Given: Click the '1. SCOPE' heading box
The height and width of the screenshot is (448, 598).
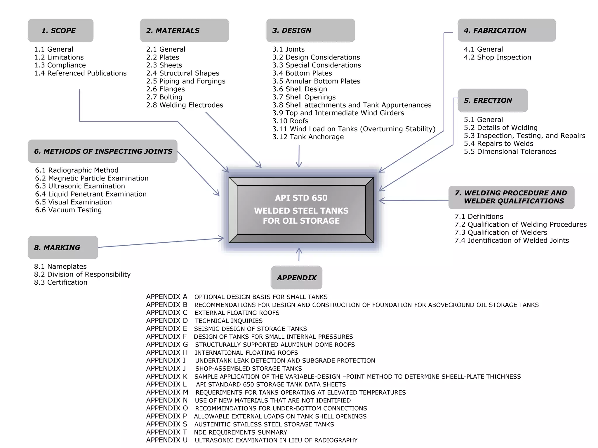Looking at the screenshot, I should tap(60, 30).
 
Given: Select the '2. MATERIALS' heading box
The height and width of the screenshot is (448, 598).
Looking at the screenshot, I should tap(184, 30).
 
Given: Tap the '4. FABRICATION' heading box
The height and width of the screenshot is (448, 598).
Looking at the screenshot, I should tap(507, 30).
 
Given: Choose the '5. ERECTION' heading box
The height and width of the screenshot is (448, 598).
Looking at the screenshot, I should tap(493, 100).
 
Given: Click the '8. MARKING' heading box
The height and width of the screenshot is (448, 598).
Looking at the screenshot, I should tap(63, 247).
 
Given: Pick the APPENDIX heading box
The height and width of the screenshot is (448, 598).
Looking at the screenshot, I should tap(296, 278).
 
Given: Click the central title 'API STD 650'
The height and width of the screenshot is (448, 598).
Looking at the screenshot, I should tap(301, 198).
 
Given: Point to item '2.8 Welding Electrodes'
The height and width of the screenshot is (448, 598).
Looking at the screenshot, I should tap(185, 105).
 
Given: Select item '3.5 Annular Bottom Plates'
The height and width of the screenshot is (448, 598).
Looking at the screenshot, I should tap(316, 81).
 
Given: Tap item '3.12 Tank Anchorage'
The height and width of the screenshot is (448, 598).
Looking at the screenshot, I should tap(308, 137).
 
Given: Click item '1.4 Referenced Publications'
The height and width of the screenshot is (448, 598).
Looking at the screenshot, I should tap(80, 73).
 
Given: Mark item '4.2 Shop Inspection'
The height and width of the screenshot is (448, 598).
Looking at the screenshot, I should tap(497, 57).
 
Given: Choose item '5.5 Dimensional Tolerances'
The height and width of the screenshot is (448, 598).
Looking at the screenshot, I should tap(510, 152).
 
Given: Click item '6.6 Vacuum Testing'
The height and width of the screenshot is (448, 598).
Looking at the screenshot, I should tap(68, 210).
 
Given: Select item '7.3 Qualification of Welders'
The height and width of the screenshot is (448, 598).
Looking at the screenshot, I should tap(501, 232).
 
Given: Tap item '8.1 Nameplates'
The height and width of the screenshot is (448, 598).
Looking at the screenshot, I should tap(60, 267).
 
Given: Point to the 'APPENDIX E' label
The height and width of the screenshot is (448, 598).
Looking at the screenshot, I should tap(166, 329).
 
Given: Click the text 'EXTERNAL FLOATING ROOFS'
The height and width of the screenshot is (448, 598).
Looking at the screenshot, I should tap(237, 313).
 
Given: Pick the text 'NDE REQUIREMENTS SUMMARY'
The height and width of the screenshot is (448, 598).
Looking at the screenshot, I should tap(241, 432).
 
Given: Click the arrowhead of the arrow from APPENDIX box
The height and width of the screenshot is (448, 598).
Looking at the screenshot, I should tap(299, 249).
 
